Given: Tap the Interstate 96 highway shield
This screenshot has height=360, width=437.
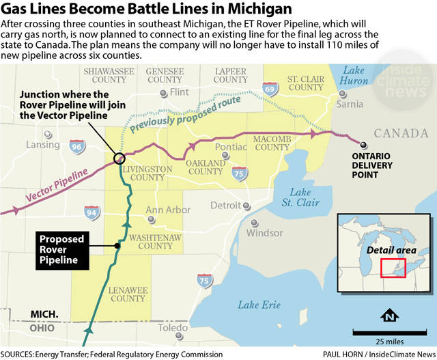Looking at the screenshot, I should [x=77, y=146].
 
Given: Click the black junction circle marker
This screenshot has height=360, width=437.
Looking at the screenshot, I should [x=119, y=158].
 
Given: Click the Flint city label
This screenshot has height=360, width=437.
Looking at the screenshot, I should [x=179, y=92].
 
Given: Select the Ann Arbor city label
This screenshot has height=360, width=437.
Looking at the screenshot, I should [x=168, y=210].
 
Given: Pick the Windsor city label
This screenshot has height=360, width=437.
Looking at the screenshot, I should [x=264, y=233].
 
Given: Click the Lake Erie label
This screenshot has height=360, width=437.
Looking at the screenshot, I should [x=259, y=304].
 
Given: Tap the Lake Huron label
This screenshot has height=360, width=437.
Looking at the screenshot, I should [x=354, y=77].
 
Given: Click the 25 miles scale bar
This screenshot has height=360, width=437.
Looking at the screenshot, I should [x=390, y=333].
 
